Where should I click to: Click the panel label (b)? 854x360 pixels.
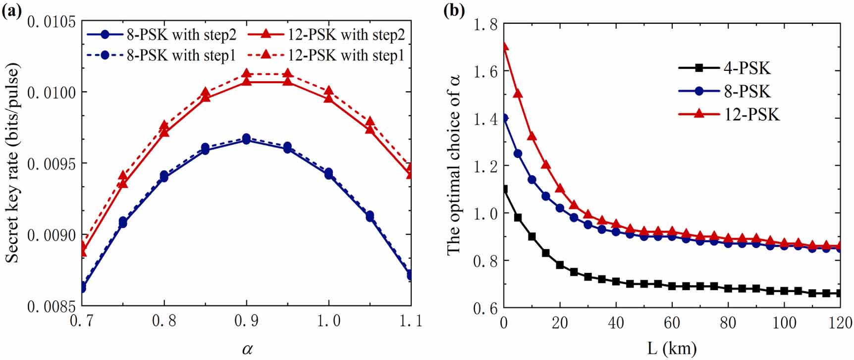(x=454, y=9)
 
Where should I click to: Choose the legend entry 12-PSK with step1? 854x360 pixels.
(x=331, y=55)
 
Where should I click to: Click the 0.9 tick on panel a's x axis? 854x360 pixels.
(x=246, y=321)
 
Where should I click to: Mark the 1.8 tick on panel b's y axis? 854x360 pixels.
(x=485, y=24)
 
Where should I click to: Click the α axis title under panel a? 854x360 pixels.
(x=247, y=350)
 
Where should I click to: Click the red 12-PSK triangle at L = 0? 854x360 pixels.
(x=504, y=47)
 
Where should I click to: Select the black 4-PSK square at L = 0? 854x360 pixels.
(x=504, y=189)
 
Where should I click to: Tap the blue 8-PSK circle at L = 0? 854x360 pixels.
(x=504, y=118)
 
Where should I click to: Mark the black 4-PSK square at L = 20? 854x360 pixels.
(x=560, y=265)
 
